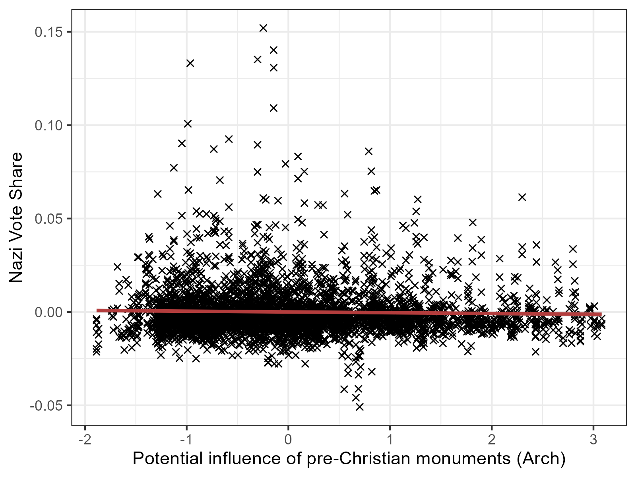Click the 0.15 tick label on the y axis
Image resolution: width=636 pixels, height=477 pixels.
pos(48,32)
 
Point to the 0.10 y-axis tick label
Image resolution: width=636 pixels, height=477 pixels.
pos(48,126)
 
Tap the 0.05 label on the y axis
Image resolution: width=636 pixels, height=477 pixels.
pos(48,219)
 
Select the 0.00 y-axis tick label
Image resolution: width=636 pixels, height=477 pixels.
pos(48,312)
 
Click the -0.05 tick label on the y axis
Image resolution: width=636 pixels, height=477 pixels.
pos(47,406)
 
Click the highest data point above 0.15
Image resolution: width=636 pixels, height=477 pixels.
pos(263,28)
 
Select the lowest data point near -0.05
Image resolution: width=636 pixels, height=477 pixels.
pos(360,407)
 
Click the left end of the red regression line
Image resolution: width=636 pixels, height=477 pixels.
pos(97,310)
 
